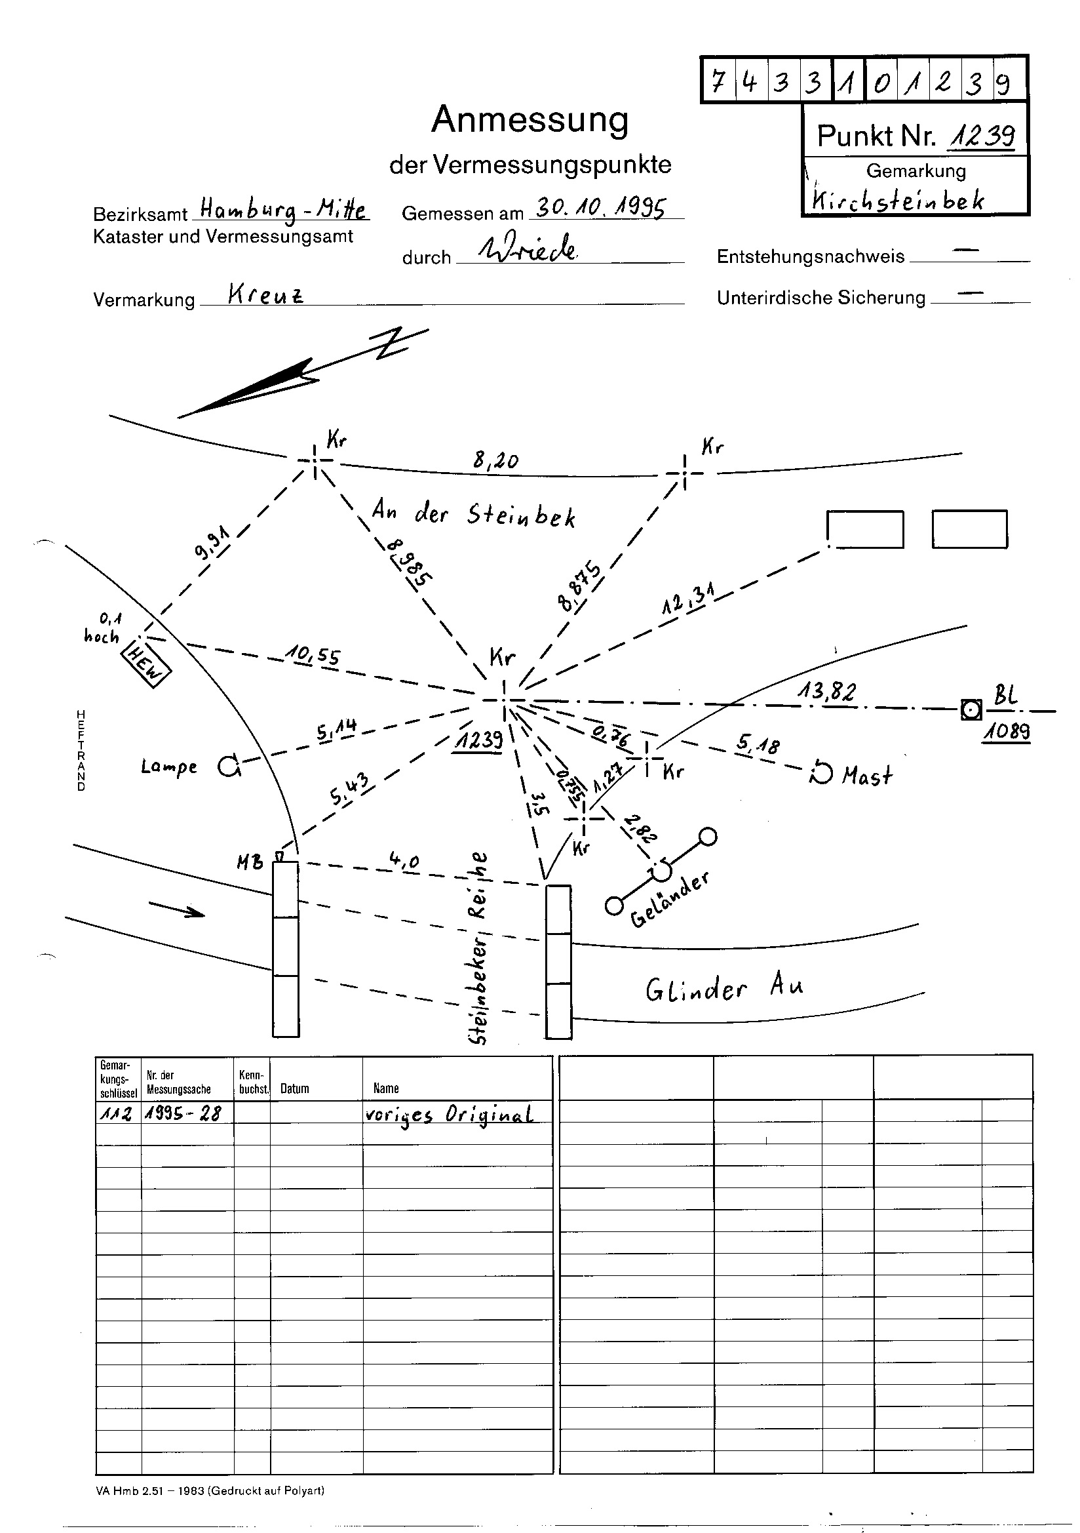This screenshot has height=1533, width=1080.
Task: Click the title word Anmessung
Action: click(530, 121)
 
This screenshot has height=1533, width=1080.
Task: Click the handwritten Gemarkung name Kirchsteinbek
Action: click(897, 199)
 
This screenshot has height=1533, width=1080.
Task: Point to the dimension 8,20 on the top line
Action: click(495, 460)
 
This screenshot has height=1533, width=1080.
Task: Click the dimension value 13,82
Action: click(826, 692)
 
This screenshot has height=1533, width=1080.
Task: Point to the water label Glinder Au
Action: click(723, 988)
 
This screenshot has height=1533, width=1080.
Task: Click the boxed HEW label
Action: click(145, 665)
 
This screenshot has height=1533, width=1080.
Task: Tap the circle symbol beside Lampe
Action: click(228, 767)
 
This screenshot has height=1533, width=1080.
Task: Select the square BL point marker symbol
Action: click(971, 709)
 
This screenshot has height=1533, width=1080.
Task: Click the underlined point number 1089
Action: click(1006, 732)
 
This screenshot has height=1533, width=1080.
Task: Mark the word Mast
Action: click(866, 776)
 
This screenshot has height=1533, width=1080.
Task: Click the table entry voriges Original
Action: click(448, 1115)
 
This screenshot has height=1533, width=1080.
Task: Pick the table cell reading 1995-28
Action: click(183, 1113)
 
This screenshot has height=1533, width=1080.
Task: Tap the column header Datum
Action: click(294, 1089)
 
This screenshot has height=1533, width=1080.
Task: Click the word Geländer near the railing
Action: click(669, 900)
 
